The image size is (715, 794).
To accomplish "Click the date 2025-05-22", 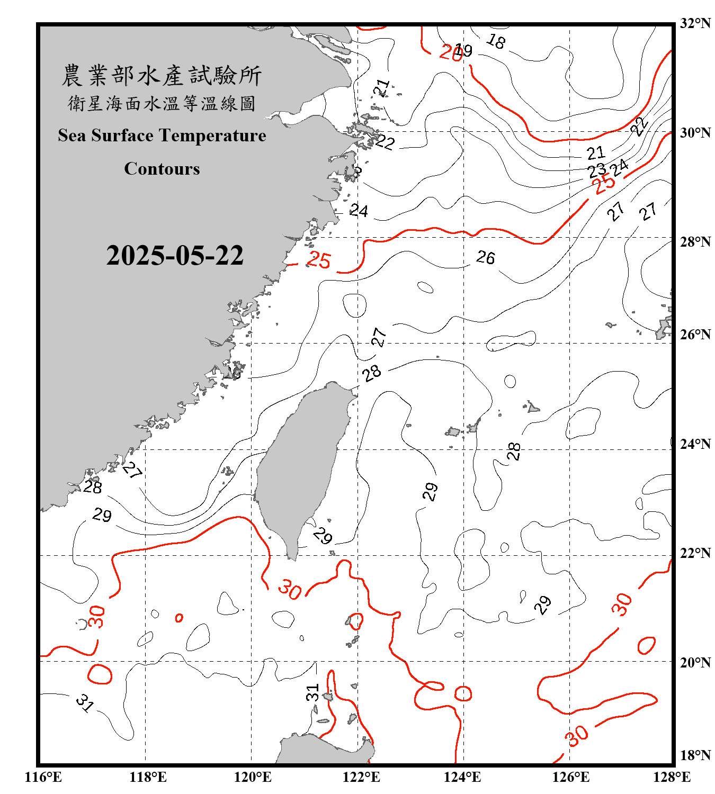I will (175, 256).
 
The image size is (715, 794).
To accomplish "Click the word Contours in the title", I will (162, 169).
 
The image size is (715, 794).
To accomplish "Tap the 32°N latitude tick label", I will (695, 23).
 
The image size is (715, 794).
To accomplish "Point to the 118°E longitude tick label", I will (148, 777).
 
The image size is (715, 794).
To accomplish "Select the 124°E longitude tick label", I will (462, 777).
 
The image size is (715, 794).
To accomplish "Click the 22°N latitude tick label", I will (695, 553).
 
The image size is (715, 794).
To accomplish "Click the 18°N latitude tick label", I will (695, 755).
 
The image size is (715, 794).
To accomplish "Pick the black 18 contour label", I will (496, 41).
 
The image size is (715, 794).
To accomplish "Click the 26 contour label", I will (486, 258).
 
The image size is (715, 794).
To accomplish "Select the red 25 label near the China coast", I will (319, 260).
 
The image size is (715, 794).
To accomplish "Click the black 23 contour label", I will (597, 170).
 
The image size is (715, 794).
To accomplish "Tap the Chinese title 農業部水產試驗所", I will (162, 75).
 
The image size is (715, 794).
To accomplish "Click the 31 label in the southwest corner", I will (85, 703).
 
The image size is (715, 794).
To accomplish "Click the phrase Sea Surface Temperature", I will (162, 136).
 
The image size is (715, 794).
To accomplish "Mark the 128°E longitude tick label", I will (672, 777).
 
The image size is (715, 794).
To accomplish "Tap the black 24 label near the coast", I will (359, 211).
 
